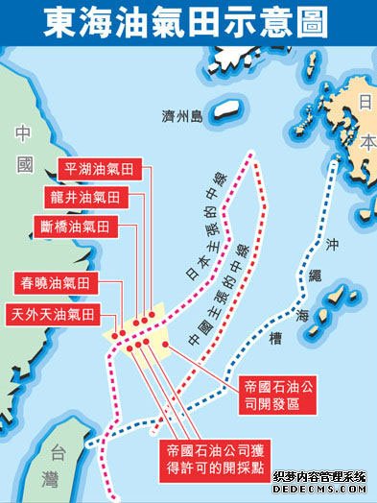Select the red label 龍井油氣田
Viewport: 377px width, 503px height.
click(95, 196)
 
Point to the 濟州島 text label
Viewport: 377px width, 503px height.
click(181, 116)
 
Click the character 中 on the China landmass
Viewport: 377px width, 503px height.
click(24, 134)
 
